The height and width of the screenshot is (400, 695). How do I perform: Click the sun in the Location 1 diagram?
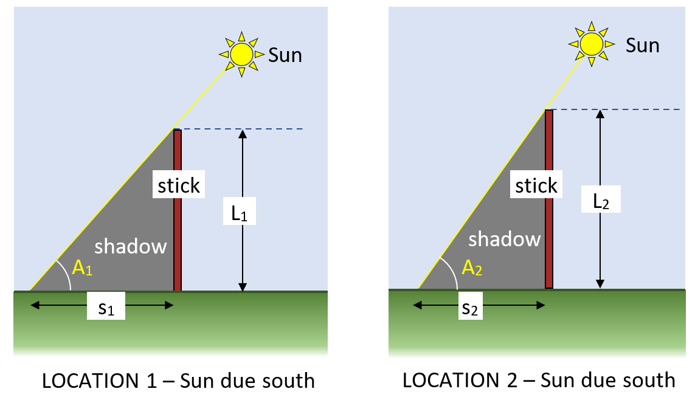click(241, 54)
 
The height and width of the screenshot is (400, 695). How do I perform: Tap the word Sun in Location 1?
click(285, 55)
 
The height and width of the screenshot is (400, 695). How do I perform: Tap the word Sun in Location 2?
click(643, 45)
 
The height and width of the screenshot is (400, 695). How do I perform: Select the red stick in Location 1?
click(178, 231)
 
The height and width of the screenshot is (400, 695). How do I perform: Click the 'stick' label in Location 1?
click(179, 185)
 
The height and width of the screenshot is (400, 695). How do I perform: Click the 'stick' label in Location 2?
click(536, 185)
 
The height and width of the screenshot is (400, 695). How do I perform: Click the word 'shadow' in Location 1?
click(130, 246)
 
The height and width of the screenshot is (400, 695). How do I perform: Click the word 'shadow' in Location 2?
click(504, 239)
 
